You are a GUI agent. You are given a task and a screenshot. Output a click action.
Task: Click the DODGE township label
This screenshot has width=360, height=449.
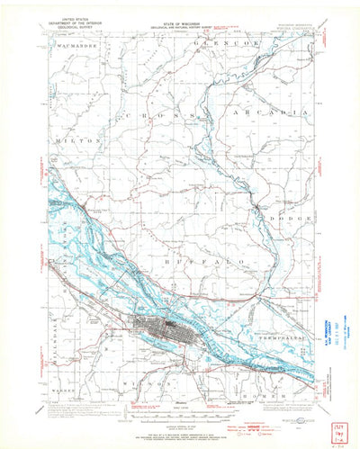click(292, 219)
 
